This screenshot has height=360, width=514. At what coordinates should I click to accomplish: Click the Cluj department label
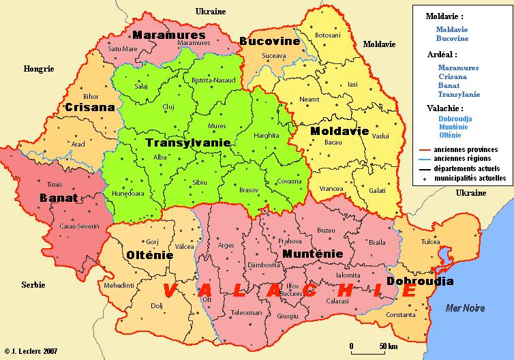point(169,107)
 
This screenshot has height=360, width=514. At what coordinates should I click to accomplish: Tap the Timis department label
point(55,185)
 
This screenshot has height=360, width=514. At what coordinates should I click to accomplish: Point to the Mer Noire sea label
point(465,308)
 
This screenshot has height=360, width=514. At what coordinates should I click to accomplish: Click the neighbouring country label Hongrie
point(38,69)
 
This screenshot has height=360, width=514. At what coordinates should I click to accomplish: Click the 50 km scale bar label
point(389,346)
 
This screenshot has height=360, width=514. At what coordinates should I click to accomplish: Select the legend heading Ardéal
point(441,54)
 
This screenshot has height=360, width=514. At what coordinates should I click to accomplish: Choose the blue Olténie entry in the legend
point(450,135)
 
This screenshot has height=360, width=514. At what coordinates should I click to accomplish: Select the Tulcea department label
point(430,242)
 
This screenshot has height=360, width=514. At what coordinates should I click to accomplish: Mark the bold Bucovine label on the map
point(270,42)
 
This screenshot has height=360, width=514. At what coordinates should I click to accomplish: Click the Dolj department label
point(157,306)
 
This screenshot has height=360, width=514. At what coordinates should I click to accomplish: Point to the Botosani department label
point(327,35)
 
